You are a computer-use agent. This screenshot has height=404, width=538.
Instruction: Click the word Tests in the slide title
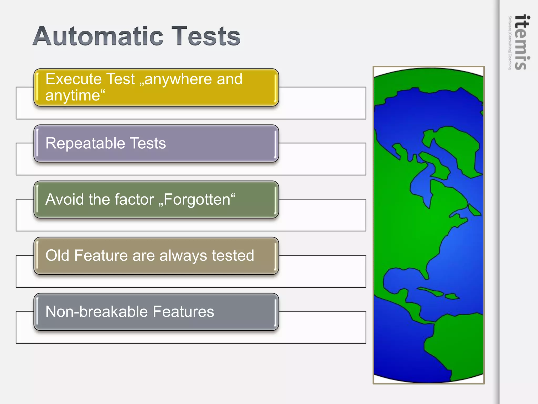(206, 36)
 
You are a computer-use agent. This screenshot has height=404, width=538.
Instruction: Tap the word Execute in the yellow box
(73, 79)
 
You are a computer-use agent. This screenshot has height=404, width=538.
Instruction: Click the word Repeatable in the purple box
(85, 143)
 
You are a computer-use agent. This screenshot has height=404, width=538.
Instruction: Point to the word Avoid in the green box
(65, 199)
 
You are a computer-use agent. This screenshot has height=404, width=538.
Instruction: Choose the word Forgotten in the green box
(197, 199)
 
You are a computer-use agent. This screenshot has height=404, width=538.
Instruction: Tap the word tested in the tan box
(233, 255)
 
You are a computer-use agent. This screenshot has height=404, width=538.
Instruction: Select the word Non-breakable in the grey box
(96, 312)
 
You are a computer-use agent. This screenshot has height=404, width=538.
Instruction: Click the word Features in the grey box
(183, 312)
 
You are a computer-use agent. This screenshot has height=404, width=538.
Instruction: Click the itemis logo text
(522, 42)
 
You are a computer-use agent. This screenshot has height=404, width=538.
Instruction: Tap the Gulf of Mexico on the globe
(402, 279)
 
